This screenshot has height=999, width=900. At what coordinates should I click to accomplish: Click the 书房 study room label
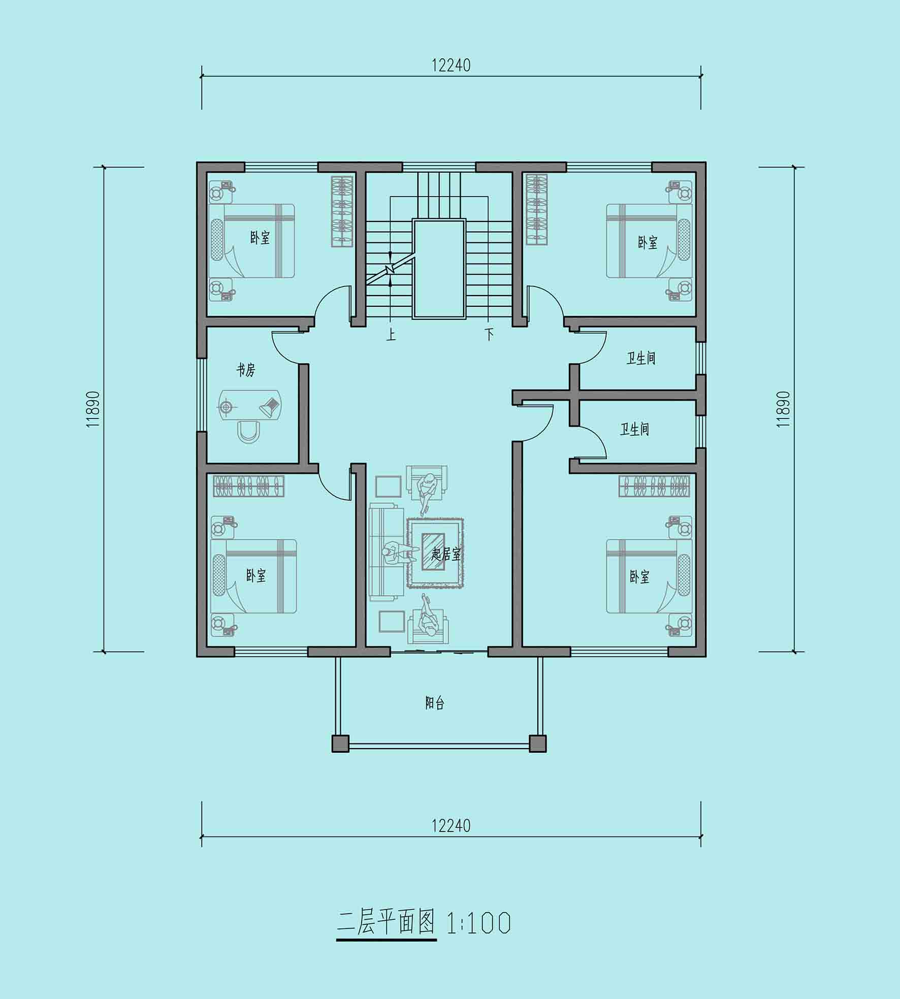tap(245, 370)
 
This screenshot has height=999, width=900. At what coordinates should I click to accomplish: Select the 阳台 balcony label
tap(435, 703)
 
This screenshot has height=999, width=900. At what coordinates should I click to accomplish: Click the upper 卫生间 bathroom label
tap(641, 358)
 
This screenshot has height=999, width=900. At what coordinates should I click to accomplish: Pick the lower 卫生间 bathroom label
tap(634, 429)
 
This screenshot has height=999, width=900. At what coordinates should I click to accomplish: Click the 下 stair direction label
tap(489, 334)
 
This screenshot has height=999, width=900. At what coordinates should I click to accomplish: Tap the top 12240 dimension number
tap(451, 66)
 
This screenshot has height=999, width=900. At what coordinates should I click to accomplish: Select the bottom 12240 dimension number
tap(451, 826)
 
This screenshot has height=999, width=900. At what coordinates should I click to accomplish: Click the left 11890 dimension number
tap(92, 409)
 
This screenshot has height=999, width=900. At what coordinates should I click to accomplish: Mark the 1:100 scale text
tap(478, 923)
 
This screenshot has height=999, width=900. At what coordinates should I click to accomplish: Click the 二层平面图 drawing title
tap(386, 923)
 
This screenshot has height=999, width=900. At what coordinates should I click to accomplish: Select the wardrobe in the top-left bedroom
tap(342, 212)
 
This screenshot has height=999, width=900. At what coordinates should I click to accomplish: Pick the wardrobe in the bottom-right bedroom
tap(654, 486)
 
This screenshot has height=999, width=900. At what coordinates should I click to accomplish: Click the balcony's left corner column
tap(340, 744)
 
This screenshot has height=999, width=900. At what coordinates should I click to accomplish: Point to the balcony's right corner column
tap(538, 744)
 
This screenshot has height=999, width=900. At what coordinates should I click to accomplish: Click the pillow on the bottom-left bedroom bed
tap(219, 575)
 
